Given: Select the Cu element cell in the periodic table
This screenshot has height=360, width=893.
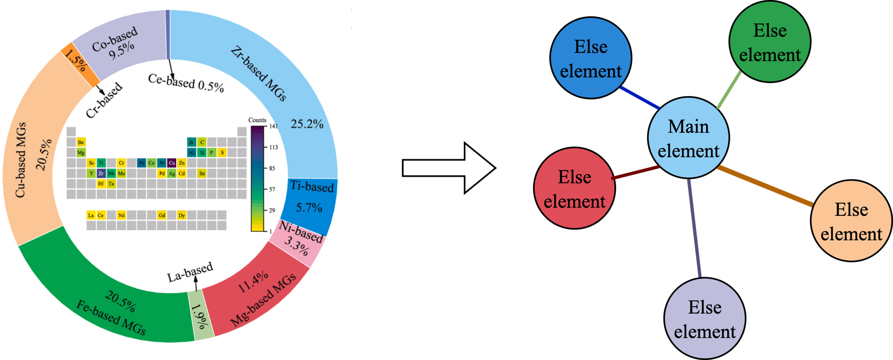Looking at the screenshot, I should tap(172, 163).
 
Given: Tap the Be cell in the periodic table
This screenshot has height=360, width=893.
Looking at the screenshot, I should tap(81, 142).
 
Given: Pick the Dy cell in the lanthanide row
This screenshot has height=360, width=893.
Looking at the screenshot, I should tap(182, 215).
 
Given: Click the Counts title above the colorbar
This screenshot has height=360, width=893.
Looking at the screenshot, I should tap(257, 120).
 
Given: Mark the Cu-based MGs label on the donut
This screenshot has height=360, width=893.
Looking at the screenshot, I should tap(21, 160).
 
